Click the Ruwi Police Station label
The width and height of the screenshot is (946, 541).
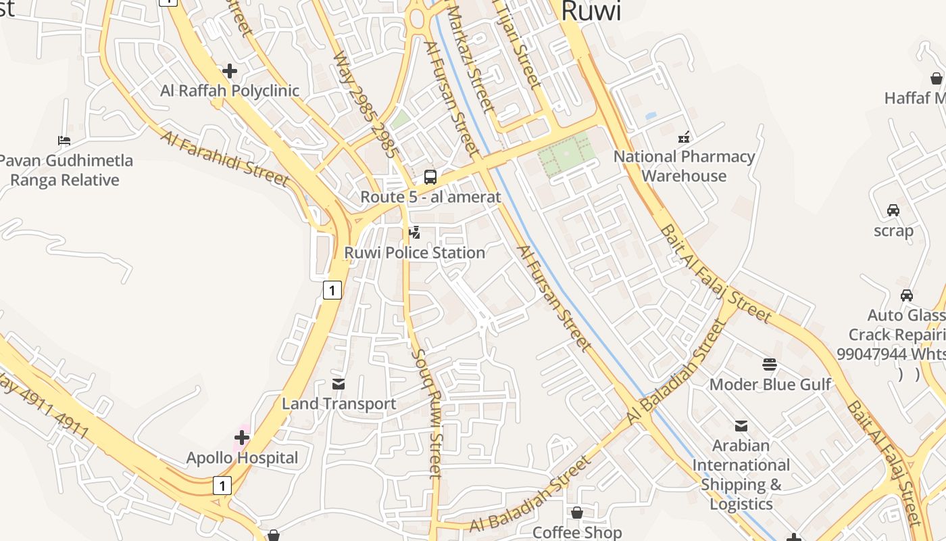click(x=415, y=253)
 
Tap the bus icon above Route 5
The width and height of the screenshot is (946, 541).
click(x=430, y=177)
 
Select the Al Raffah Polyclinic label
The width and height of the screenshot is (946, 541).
click(x=230, y=91)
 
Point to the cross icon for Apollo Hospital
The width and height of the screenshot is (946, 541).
click(x=242, y=438)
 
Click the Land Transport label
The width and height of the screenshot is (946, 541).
click(x=339, y=404)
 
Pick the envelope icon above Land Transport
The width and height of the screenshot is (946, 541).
click(x=339, y=384)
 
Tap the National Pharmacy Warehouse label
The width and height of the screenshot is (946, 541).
click(x=684, y=166)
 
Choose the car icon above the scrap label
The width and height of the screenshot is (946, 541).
click(x=893, y=210)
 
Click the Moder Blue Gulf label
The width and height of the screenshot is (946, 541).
click(x=770, y=385)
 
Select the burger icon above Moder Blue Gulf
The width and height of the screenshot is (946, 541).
click(x=770, y=365)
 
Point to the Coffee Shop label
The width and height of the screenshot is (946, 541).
click(x=576, y=532)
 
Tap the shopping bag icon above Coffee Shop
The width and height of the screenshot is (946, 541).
click(x=576, y=513)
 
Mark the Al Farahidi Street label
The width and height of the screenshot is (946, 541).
click(x=225, y=159)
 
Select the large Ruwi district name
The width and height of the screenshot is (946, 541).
click(x=591, y=11)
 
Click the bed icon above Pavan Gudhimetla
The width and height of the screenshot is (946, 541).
click(x=64, y=141)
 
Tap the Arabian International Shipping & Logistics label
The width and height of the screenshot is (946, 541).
click(x=741, y=475)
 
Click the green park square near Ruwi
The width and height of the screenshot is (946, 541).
click(x=566, y=154)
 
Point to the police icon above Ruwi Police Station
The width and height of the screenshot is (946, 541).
click(x=415, y=233)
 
